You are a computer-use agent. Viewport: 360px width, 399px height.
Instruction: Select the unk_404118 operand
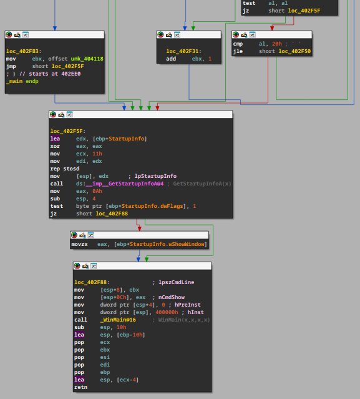[87, 59]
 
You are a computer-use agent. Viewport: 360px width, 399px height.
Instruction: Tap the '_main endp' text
[22, 81]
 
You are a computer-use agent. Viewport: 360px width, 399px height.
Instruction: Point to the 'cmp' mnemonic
[238, 44]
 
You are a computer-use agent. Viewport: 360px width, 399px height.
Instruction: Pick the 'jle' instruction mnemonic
[238, 51]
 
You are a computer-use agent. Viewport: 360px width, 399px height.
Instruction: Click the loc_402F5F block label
[68, 131]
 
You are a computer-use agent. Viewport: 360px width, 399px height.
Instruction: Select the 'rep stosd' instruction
[65, 169]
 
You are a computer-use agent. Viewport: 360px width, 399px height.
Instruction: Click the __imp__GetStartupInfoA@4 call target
[125, 184]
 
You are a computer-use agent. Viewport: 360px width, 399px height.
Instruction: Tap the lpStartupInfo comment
[155, 176]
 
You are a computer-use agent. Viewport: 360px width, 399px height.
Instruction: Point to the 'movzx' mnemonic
[80, 244]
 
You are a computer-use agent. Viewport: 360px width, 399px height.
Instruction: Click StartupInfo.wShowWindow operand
[167, 244]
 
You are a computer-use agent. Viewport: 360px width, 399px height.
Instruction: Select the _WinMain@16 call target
[118, 320]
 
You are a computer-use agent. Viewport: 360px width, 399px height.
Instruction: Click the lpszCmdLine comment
[176, 282]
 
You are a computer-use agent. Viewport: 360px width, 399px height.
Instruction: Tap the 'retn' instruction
[81, 387]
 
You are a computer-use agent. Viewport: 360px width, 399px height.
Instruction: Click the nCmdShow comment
[172, 297]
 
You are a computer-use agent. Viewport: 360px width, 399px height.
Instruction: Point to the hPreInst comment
[187, 305]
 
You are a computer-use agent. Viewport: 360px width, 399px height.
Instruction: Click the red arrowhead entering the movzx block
[139, 229]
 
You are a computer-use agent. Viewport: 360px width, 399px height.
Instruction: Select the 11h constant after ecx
[97, 154]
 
